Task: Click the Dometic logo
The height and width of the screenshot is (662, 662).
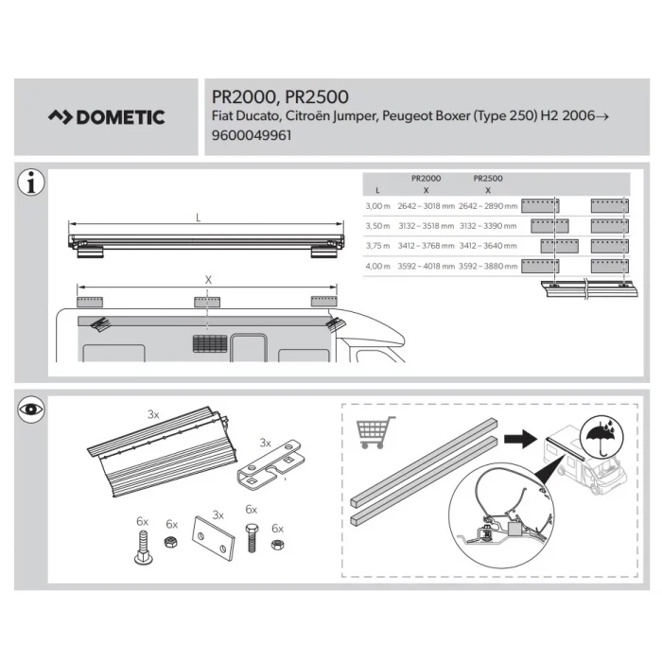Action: point(107,117)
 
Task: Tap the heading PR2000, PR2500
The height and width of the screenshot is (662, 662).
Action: point(274,96)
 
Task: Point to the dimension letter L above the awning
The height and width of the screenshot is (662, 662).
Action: point(198,218)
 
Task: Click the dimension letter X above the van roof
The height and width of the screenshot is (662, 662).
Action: point(207,280)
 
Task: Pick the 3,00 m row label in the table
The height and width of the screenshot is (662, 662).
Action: point(377,205)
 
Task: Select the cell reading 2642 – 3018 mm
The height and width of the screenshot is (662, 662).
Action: point(426,205)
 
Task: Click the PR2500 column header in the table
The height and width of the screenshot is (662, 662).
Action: point(487,178)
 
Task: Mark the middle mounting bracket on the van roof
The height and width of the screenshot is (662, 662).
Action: point(207,302)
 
